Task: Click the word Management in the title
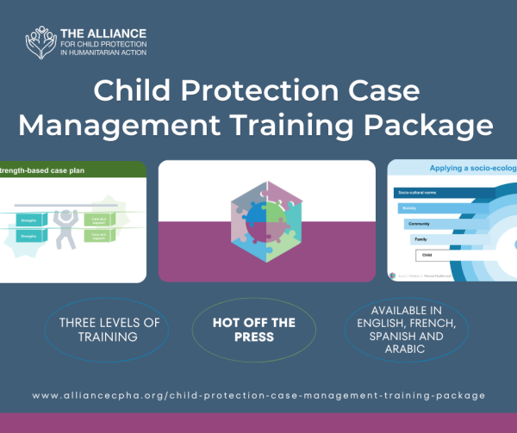(104, 126)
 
